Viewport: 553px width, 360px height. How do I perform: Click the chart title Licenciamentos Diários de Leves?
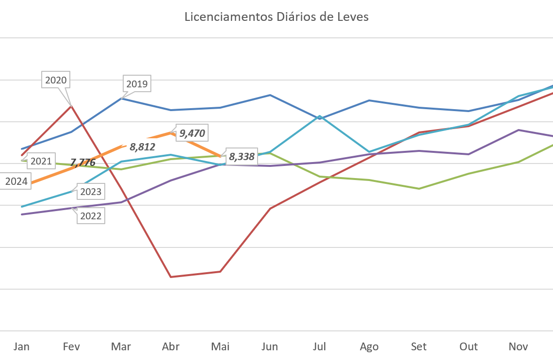276,17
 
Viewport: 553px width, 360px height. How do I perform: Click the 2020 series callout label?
56,80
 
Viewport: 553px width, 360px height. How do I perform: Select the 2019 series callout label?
136,84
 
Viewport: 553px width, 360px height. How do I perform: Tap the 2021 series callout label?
41,161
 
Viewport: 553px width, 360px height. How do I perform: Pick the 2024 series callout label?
16,182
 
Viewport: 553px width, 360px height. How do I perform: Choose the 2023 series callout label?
91,192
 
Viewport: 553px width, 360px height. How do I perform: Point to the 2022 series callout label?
91,216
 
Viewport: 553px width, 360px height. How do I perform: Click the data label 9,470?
192,133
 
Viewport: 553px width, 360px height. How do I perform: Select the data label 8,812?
142,146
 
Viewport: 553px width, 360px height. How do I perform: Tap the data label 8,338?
242,157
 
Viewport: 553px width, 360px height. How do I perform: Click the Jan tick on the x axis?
21,346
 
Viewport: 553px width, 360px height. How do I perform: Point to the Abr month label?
171,346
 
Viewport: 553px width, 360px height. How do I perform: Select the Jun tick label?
270,346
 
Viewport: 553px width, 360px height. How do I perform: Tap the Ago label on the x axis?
369,346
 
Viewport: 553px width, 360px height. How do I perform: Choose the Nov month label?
518,346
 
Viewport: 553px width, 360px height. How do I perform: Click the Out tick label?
469,346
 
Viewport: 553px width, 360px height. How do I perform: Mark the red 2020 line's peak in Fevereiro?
71,105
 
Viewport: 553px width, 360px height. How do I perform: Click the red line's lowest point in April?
171,277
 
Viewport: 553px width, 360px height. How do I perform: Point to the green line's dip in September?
419,188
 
